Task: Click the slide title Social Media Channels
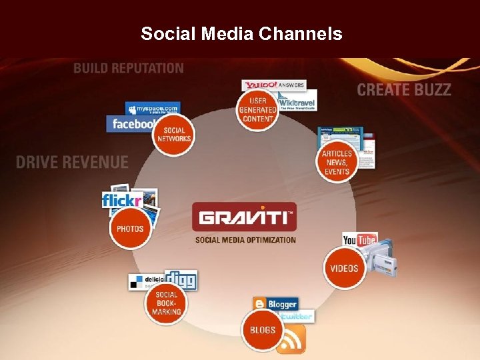pos(241,33)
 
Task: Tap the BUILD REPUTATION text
pos(128,68)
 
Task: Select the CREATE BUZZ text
pos(404,90)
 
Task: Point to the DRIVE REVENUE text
pos(72,162)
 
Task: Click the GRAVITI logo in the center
pos(244,217)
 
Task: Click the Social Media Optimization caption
pos(245,240)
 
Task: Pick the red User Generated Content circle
pos(257,109)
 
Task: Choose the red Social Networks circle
pos(174,135)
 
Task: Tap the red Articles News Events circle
pos(337,162)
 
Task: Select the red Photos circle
pos(130,228)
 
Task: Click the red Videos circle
pos(344,268)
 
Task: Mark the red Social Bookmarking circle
pos(166,303)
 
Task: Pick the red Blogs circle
pos(263,329)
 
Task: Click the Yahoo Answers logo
pos(273,85)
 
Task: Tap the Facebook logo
pos(131,124)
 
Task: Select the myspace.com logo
pos(153,108)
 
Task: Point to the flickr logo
pos(121,199)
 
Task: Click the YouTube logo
pos(360,240)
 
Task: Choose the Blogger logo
pos(275,304)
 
